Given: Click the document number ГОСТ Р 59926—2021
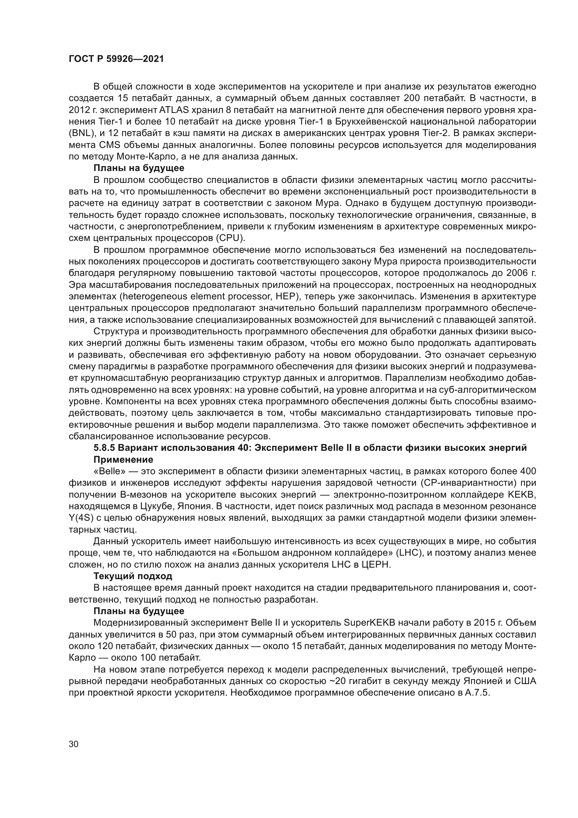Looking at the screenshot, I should [x=116, y=59].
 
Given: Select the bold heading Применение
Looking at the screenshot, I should [x=123, y=460].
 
